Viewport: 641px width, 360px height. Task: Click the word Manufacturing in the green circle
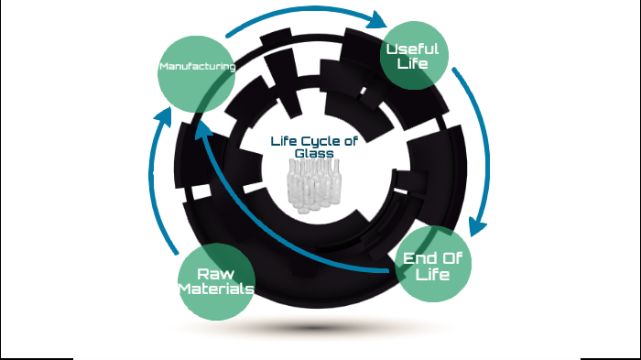click(x=196, y=67)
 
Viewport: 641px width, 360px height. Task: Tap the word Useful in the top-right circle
click(x=412, y=49)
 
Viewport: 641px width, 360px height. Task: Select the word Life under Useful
click(x=412, y=64)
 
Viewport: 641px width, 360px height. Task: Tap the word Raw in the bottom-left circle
click(x=216, y=274)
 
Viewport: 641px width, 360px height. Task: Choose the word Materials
click(x=216, y=289)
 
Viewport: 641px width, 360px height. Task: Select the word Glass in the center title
click(x=313, y=153)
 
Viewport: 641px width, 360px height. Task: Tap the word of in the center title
click(x=349, y=141)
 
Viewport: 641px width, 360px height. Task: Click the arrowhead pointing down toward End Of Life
click(x=476, y=225)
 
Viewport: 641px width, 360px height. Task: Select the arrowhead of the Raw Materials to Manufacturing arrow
click(x=163, y=117)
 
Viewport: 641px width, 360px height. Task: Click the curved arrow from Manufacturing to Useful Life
click(x=293, y=13)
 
